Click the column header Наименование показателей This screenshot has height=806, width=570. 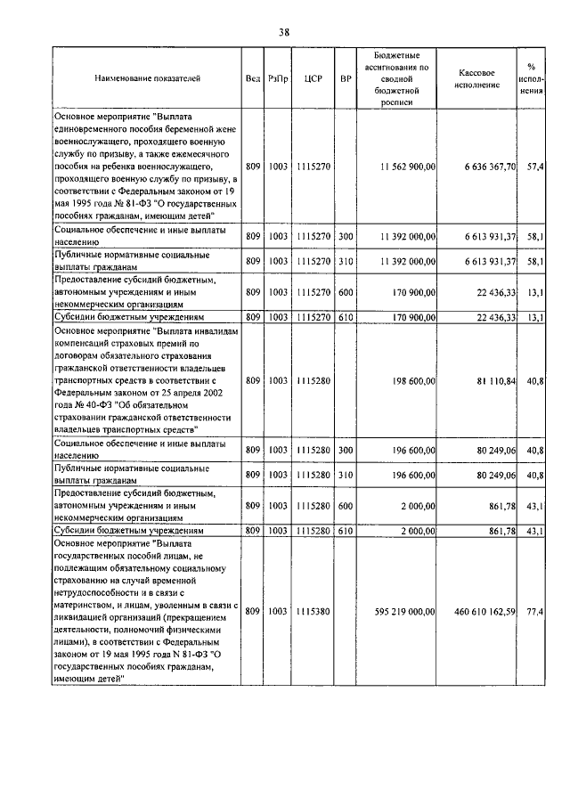pos(147,78)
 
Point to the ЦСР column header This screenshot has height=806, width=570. pos(312,78)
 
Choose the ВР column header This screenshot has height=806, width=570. pos(346,78)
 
